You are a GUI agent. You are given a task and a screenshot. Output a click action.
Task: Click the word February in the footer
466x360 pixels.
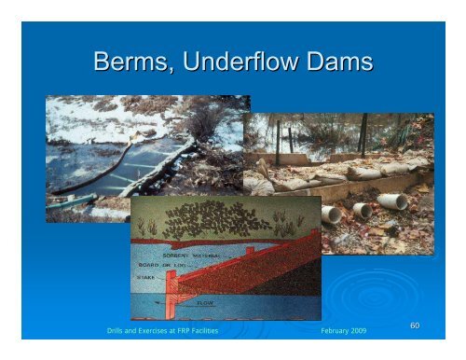pyautogui.click(x=333, y=330)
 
